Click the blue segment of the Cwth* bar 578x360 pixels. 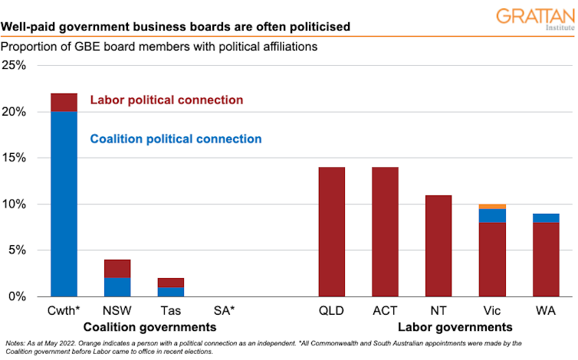[63, 204]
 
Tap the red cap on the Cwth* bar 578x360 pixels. [63, 103]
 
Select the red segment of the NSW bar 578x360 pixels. [117, 268]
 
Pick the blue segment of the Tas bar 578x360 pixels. [170, 292]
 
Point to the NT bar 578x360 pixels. [438, 245]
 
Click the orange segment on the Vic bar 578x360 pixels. [491, 207]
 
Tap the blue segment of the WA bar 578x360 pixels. [545, 218]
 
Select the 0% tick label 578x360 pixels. [18, 296]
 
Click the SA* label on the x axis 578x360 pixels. [224, 311]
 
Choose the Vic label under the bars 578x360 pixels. [491, 311]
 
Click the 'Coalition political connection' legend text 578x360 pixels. [176, 139]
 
